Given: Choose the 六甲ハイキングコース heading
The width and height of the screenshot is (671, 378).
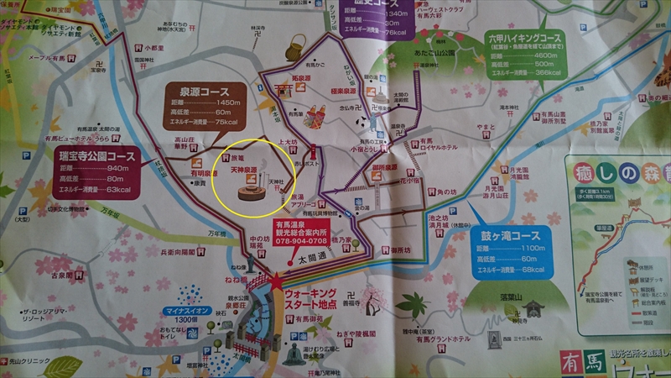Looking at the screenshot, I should pos(538,39).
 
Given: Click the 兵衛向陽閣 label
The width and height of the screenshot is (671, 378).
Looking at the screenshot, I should pos(180,252).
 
